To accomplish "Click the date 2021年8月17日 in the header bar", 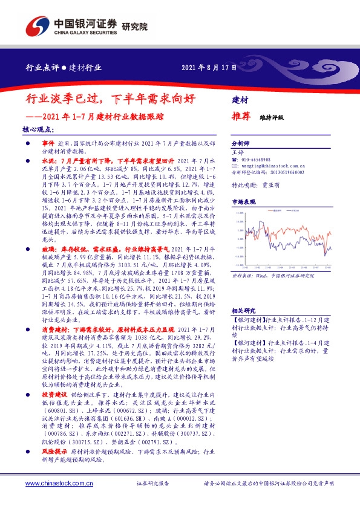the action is click(x=209, y=68).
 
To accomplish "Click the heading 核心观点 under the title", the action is click(x=38, y=129).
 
